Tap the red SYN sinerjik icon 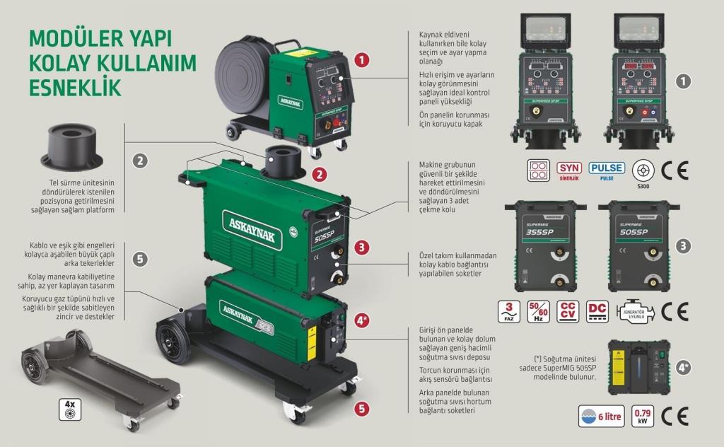click(x=569, y=170)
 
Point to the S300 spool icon click(x=643, y=170)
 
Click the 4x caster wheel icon click(x=70, y=408)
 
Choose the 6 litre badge click(x=601, y=417)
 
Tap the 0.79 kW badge click(x=643, y=416)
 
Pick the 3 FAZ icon click(x=510, y=312)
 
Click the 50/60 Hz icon click(x=539, y=312)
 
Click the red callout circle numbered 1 click(x=362, y=60)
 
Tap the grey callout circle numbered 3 click(x=683, y=246)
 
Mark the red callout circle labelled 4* click(x=362, y=320)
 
